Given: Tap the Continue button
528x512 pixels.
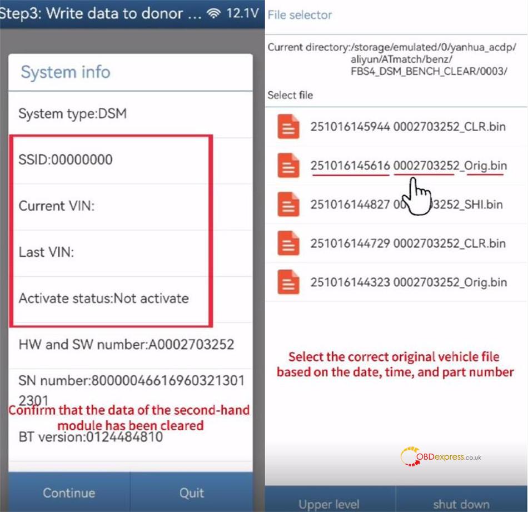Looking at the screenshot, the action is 69,493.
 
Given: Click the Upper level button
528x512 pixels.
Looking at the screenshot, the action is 329,504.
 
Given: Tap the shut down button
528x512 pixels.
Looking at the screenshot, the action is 461,504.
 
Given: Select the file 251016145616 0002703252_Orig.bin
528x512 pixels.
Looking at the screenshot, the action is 409,166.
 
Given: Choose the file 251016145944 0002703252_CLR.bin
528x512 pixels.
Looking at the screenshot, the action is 408,127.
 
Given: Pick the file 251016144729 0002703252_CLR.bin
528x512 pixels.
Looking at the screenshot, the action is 408,243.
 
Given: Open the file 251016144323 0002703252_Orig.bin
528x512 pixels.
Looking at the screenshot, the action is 409,282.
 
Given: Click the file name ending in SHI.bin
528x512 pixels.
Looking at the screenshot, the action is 406,204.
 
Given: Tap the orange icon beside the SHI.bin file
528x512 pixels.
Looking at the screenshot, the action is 288,204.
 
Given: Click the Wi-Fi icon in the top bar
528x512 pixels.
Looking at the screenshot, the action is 214,13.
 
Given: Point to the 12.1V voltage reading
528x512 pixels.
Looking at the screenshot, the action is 242,13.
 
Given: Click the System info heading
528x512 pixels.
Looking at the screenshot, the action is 66,72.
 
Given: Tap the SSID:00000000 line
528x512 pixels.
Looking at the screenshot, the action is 66,160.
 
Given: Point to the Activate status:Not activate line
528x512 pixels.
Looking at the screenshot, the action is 103,298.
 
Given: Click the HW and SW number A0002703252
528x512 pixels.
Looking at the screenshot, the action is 126,344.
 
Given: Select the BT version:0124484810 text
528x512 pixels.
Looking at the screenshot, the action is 91,436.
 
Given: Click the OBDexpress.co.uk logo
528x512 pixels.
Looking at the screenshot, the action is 441,457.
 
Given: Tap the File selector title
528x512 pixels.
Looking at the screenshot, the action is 300,15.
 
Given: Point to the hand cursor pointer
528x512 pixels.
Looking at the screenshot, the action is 416,196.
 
